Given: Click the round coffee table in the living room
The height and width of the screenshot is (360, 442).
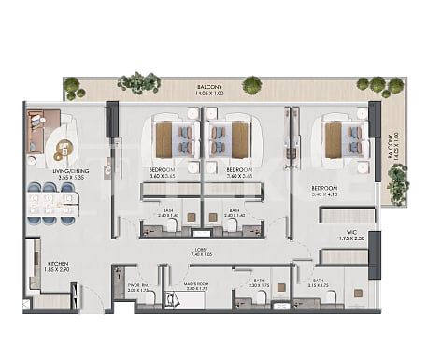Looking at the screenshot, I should (x=64, y=146).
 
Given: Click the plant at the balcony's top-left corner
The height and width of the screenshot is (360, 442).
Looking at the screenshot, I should (x=72, y=88).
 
